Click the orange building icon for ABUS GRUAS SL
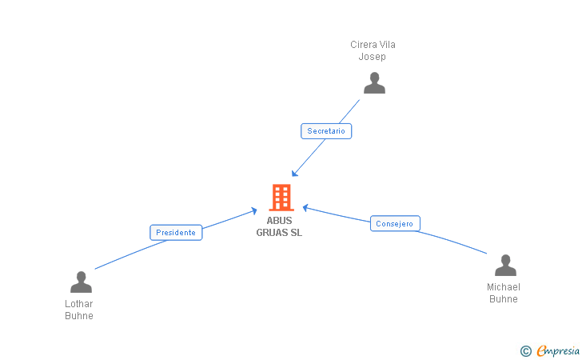click(281, 197)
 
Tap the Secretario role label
click(326, 130)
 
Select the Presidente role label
click(176, 233)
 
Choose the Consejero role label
click(395, 224)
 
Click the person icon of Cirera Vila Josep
click(373, 82)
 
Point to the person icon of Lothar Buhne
click(81, 282)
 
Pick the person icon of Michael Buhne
click(505, 265)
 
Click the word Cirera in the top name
click(363, 45)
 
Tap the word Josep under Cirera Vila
click(373, 57)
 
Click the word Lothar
click(79, 304)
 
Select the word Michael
click(504, 287)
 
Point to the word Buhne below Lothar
click(79, 316)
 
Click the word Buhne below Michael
click(504, 299)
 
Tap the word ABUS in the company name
click(280, 221)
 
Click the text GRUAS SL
click(280, 233)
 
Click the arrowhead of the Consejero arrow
click(305, 207)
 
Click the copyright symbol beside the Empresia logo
click(525, 350)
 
